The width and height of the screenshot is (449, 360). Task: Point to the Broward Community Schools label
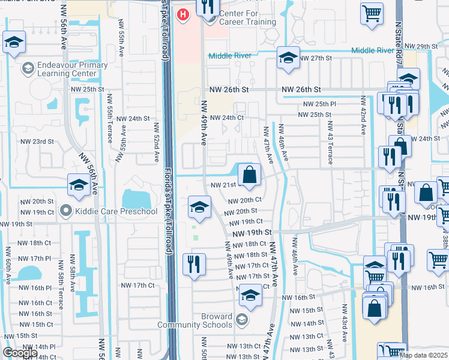point(194,320)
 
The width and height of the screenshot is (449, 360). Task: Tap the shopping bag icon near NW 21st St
point(249,175)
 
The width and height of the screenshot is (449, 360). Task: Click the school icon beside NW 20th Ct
point(199,208)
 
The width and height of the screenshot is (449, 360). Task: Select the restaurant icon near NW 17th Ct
point(194,264)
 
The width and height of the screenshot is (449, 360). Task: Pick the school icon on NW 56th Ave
point(79,185)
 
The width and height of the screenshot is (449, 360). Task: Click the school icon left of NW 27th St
point(288,58)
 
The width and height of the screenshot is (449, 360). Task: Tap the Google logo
point(20,352)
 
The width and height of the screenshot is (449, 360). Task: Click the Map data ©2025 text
point(423,355)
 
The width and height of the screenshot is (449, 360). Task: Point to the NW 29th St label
point(421,46)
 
